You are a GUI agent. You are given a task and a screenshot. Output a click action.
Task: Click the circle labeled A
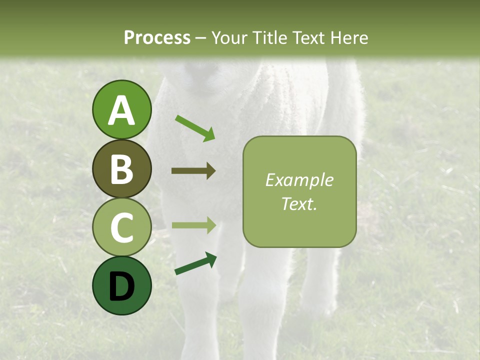click(x=121, y=109)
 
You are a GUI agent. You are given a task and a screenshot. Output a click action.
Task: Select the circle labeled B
click(x=121, y=168)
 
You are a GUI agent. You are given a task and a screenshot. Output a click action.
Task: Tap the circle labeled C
click(x=121, y=227)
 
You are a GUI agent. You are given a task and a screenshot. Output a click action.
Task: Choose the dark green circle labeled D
click(x=121, y=285)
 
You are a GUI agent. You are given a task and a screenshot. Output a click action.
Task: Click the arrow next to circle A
click(x=195, y=127)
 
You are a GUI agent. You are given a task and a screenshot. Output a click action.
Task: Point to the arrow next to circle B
click(x=193, y=171)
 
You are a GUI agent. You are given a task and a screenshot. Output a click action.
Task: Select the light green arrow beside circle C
click(x=194, y=225)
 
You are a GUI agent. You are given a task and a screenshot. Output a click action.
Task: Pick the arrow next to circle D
click(x=195, y=263)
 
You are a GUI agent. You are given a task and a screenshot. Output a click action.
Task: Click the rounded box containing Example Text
click(x=299, y=191)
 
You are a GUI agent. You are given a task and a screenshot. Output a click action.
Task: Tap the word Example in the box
click(x=299, y=180)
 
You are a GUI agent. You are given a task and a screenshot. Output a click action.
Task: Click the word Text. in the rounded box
click(x=299, y=203)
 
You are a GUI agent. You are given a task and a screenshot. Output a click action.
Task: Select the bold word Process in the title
click(x=157, y=37)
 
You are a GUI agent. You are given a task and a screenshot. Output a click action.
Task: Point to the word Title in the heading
click(x=273, y=37)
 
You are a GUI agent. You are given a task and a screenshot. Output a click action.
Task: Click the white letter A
click(x=121, y=110)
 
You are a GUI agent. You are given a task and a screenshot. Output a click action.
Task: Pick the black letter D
click(x=121, y=286)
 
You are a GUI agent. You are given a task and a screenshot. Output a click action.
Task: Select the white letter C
click(x=121, y=228)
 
